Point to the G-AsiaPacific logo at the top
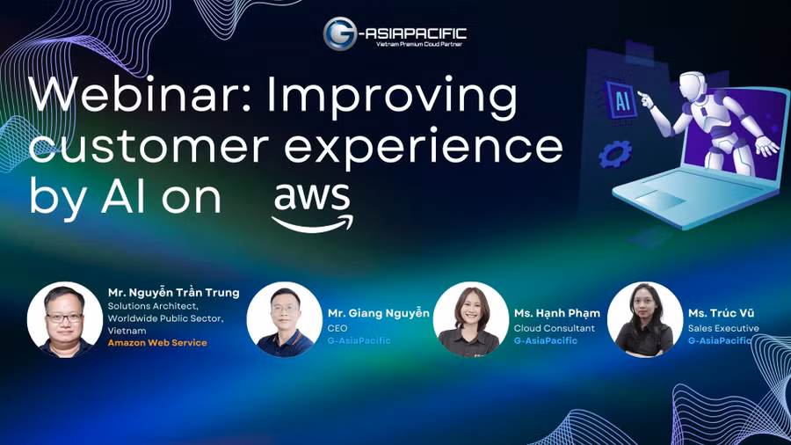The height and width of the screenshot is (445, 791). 395,34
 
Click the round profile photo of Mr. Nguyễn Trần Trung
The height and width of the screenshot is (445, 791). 65,319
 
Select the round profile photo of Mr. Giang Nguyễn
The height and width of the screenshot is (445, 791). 284,319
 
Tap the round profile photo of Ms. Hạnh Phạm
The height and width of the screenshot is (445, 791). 470,319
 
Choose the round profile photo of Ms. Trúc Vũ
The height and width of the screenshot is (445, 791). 644,319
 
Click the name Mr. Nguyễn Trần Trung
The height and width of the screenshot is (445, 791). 173,292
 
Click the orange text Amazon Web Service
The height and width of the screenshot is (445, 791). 157,342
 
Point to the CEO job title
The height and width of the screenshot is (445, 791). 337,328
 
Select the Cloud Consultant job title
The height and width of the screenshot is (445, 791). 554,328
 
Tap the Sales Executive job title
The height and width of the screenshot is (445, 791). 723,328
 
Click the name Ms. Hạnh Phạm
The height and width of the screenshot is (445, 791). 556,313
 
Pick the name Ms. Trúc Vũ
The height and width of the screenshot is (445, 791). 721,313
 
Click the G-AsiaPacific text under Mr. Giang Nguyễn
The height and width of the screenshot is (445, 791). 359,340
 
